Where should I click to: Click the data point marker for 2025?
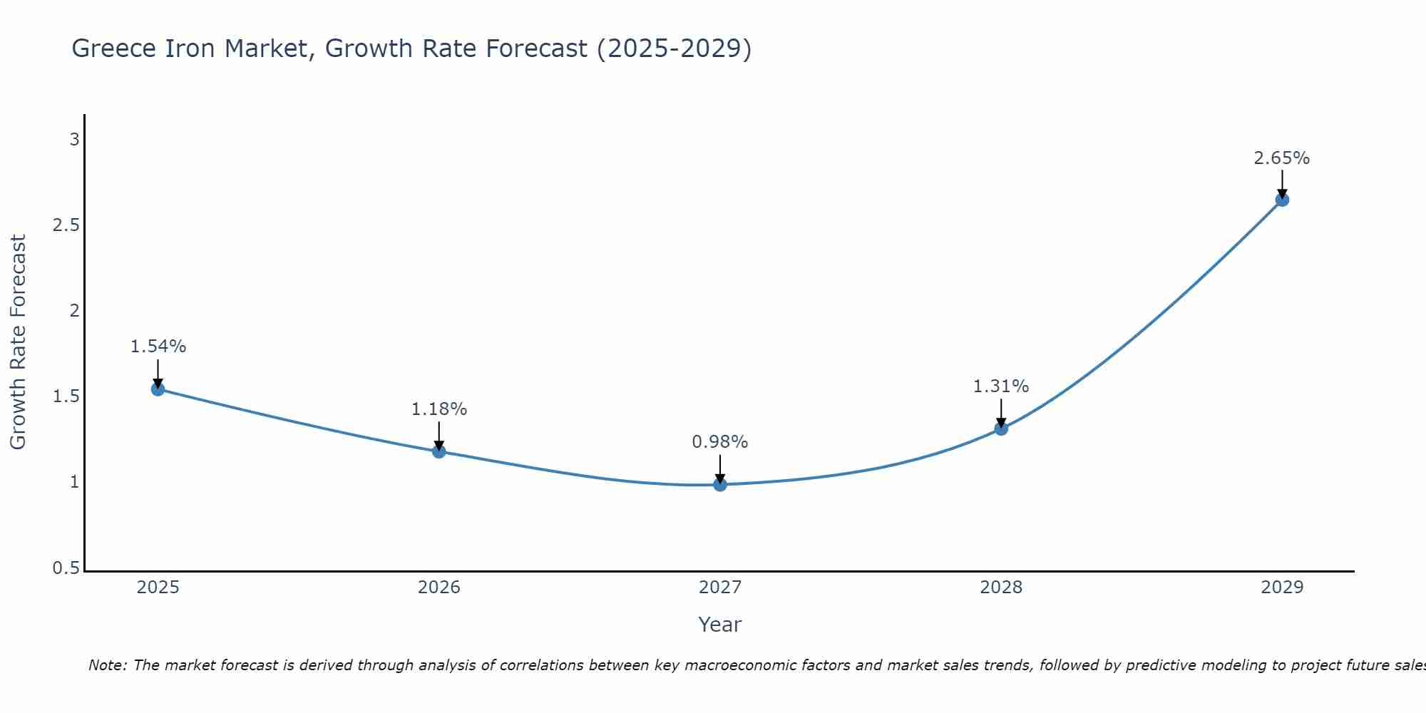click(x=158, y=389)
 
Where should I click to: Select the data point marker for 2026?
click(x=438, y=451)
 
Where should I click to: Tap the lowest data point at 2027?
click(x=720, y=485)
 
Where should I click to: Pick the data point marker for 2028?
click(x=1001, y=429)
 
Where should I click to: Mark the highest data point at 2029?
click(x=1282, y=200)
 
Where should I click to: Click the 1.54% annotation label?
click(x=158, y=347)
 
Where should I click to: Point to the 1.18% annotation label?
click(x=438, y=409)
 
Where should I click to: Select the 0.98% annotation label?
click(x=720, y=442)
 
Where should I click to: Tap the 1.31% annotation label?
click(x=1001, y=386)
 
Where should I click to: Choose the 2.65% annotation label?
click(x=1282, y=158)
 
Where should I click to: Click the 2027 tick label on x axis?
click(x=720, y=588)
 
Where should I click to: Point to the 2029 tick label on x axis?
click(x=1282, y=588)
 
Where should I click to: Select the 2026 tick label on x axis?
click(x=438, y=588)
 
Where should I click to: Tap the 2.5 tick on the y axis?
click(x=66, y=225)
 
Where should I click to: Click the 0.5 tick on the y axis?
click(x=66, y=568)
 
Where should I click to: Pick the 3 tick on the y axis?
click(x=74, y=140)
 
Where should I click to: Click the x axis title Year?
click(x=720, y=625)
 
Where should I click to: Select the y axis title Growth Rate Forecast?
click(x=18, y=342)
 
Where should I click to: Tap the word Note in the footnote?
click(x=107, y=665)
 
